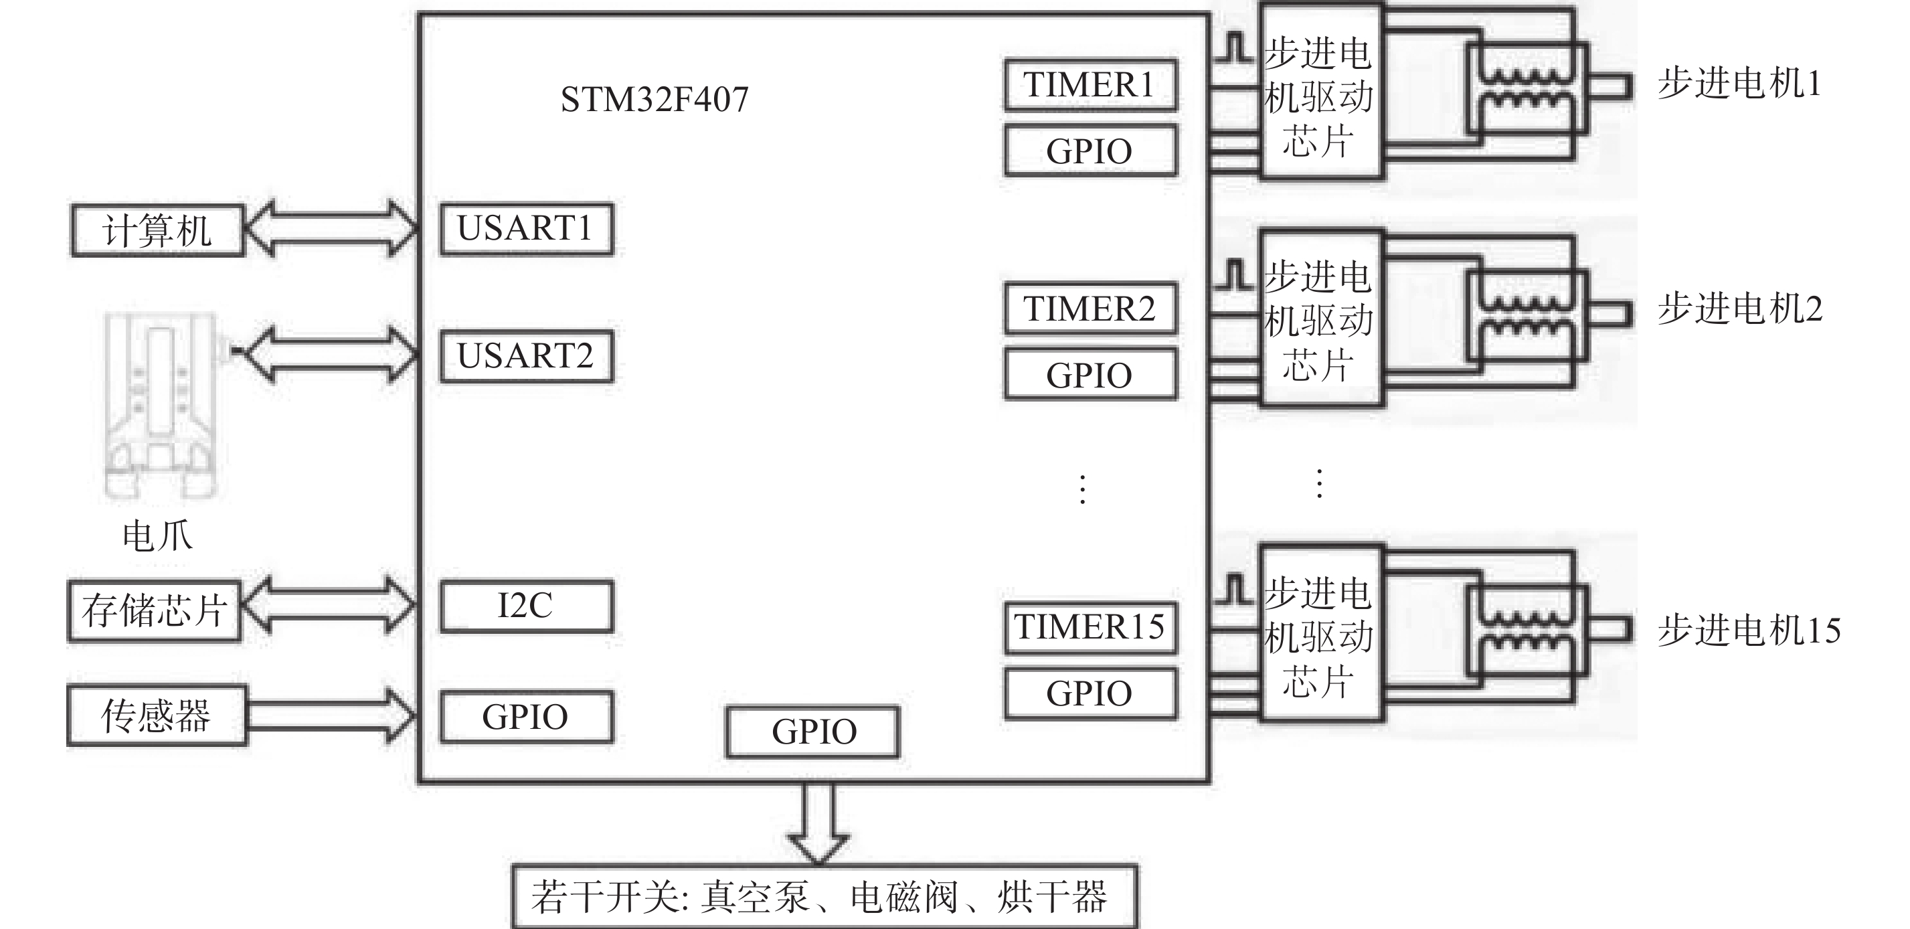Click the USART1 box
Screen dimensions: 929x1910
pos(526,229)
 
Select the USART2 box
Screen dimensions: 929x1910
pos(526,357)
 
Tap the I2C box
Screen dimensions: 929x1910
pos(526,606)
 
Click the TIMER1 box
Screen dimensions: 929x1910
pos(1090,85)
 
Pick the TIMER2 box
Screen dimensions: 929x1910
pos(1090,309)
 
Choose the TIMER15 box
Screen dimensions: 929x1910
pos(1090,627)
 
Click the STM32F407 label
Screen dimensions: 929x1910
pos(654,99)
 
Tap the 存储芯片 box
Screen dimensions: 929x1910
pos(154,611)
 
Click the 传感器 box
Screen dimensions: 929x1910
pos(157,715)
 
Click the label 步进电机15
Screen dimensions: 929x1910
pos(1748,630)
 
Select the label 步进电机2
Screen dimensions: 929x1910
pos(1739,309)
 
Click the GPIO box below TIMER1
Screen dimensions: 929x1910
pos(1090,151)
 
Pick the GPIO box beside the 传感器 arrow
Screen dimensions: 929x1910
pos(526,717)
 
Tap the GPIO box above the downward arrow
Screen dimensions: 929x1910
pos(812,732)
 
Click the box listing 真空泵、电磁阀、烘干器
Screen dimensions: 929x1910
pos(824,897)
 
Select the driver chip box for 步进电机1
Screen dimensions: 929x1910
pos(1320,92)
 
